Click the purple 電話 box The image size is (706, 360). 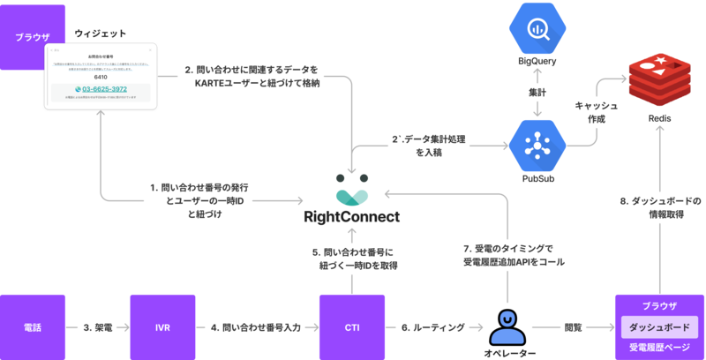point(33,327)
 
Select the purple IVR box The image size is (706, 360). point(162,327)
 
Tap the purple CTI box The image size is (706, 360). point(351,327)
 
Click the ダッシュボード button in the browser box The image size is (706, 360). point(659,326)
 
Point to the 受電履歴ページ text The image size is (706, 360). point(659,347)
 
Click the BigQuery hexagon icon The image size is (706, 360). point(537,29)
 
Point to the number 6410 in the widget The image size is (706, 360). point(101,77)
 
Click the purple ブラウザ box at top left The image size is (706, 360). point(33,37)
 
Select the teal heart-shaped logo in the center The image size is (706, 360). point(352,192)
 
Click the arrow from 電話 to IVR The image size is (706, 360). point(97,328)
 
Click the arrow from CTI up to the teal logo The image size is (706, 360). point(352,256)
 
